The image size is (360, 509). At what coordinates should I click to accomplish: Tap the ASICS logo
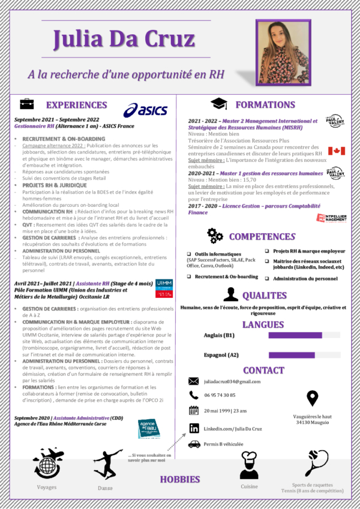pyautogui.click(x=145, y=110)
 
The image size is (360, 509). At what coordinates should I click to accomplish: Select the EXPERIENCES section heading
pyautogui.click(x=77, y=105)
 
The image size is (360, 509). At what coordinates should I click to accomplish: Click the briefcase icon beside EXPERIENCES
pyautogui.click(x=27, y=104)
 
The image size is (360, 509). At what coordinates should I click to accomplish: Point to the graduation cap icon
pyautogui.click(x=218, y=104)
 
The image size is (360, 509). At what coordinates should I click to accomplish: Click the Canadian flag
pyautogui.click(x=336, y=150)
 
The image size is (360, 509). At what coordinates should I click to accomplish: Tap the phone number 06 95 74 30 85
pyautogui.click(x=220, y=395)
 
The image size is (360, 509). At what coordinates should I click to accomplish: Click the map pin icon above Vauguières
pyautogui.click(x=312, y=398)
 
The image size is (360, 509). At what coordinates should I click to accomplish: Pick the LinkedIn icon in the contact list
pyautogui.click(x=194, y=428)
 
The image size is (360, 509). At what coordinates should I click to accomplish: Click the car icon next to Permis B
pyautogui.click(x=194, y=444)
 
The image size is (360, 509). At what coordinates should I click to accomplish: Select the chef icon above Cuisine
pyautogui.click(x=249, y=466)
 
